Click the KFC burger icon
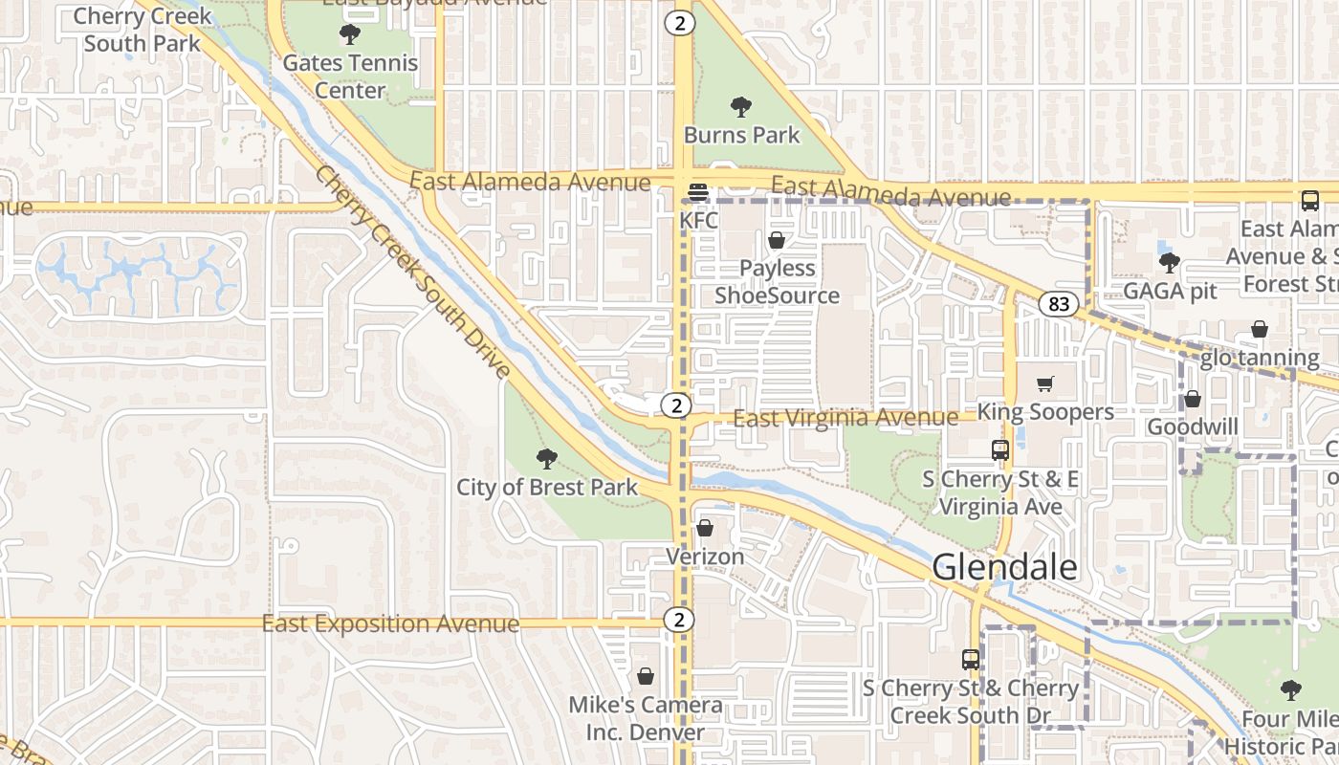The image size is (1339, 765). point(697,192)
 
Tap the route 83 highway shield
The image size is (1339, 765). point(1058,305)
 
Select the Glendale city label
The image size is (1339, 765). point(1004,567)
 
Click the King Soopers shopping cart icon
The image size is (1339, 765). point(1044,383)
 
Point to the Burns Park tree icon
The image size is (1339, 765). point(740,107)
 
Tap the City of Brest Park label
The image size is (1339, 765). point(546,488)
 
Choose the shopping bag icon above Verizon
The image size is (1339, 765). point(705,528)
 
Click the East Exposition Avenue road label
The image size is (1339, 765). point(390,624)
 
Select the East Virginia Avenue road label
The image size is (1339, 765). point(845,418)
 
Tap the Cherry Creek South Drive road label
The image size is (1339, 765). point(411,272)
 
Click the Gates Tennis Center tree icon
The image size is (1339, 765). point(350,35)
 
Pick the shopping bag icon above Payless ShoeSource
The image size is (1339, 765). point(777,240)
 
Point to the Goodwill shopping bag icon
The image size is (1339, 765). point(1192,399)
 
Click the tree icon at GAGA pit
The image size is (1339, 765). point(1168,262)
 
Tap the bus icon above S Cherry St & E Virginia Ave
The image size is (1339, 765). point(999,449)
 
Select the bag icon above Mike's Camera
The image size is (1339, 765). point(646,677)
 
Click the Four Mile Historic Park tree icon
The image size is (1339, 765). point(1291,689)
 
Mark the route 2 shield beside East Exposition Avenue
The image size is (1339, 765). point(677,621)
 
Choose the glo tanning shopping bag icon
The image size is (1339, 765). point(1260,330)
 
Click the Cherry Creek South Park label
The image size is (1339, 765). point(143,30)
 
